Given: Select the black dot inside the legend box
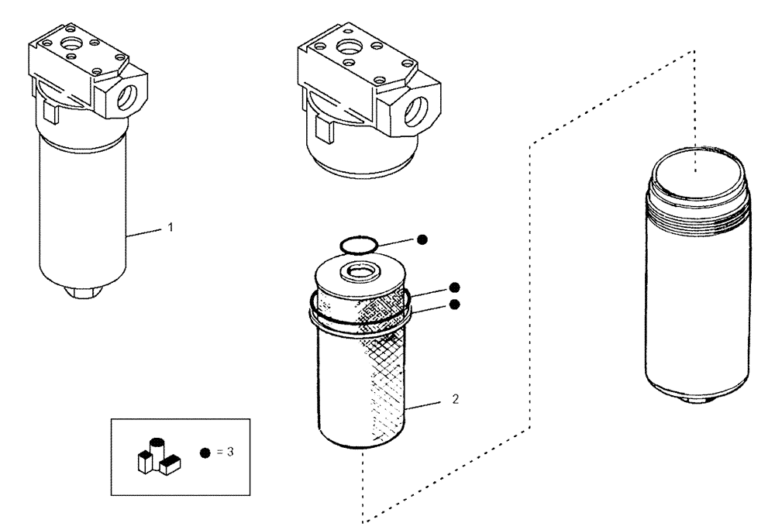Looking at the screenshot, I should click(x=205, y=452).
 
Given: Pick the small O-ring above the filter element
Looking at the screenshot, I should click(x=360, y=246).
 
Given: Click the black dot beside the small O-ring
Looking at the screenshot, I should click(x=422, y=239).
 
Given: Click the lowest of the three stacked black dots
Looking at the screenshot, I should click(x=455, y=305).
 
